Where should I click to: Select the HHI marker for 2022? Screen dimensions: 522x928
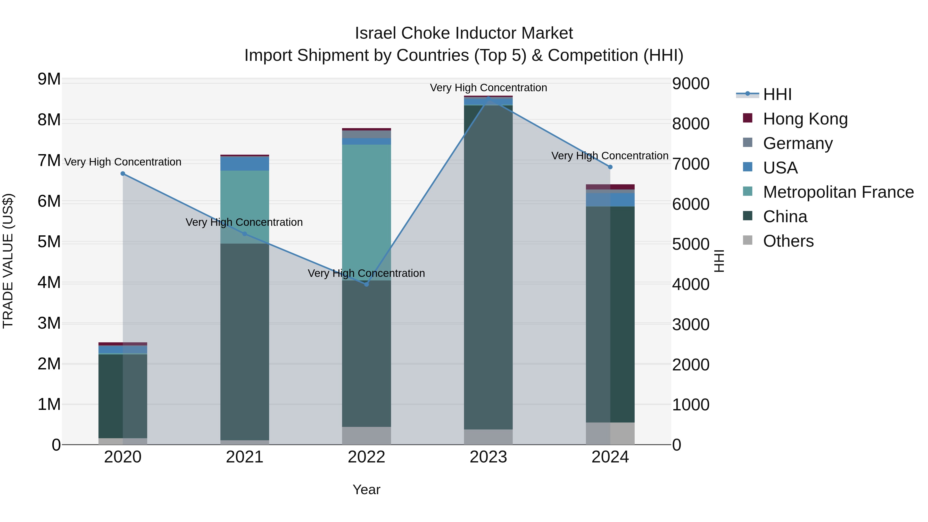(x=366, y=284)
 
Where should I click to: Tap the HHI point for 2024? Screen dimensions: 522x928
(x=610, y=167)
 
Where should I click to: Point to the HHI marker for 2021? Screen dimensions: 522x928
(x=245, y=234)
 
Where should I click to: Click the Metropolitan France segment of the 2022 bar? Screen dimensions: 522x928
(x=366, y=213)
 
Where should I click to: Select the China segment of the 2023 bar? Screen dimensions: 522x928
(x=488, y=267)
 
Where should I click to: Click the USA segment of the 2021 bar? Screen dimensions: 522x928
(x=245, y=163)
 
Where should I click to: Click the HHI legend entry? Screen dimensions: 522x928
(x=777, y=94)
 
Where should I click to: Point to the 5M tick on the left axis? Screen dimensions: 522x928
(x=49, y=242)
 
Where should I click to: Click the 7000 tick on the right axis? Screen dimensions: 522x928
(x=690, y=164)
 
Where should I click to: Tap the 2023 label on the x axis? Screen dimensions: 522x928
(x=488, y=457)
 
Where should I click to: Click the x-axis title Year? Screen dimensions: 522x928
(x=366, y=490)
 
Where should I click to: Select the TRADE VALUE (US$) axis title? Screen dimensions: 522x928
(x=8, y=261)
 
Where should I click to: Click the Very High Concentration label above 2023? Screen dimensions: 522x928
(x=488, y=88)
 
